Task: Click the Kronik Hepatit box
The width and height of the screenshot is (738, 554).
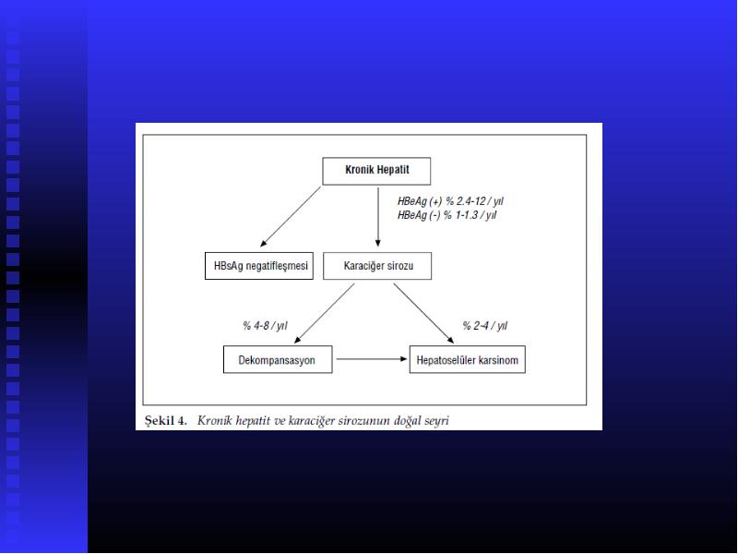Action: point(376,171)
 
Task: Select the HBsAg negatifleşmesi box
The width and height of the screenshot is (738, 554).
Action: point(259,266)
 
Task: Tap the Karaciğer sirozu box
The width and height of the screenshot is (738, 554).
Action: point(377,266)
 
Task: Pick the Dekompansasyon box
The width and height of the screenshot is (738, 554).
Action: point(278,359)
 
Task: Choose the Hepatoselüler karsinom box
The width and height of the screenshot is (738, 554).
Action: point(468,359)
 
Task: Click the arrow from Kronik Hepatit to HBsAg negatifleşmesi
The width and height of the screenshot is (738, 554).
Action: point(291,217)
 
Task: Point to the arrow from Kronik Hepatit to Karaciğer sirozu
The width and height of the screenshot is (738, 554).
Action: point(378,217)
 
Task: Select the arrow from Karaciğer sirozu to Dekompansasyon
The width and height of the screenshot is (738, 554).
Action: point(325,313)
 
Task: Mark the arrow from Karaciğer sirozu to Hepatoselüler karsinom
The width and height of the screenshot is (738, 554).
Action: point(423,313)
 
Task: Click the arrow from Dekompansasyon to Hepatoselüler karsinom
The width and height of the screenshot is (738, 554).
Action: point(372,359)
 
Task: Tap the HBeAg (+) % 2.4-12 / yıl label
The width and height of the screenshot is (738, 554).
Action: point(450,201)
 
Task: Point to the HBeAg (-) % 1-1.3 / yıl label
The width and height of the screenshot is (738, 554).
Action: point(446,215)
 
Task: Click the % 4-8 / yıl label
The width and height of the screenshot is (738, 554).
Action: point(265,326)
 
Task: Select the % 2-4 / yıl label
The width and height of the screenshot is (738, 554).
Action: point(485,326)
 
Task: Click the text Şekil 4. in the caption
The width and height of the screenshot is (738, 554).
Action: point(166,420)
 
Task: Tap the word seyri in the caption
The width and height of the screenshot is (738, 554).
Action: point(436,421)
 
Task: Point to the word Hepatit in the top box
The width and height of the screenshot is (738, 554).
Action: point(393,170)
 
